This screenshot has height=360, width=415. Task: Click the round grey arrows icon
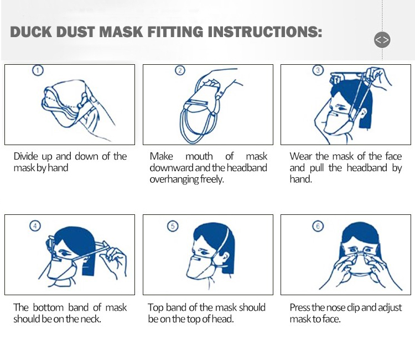coord(382,40)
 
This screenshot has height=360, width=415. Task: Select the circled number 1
coord(38,70)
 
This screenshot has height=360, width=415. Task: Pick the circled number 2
coord(180,70)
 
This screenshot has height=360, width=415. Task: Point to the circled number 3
coord(318,70)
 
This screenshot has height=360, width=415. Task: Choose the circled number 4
coord(35,226)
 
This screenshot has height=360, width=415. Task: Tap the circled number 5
coord(173,226)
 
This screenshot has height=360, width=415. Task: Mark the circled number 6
coord(318,226)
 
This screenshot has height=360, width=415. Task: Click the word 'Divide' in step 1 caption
coord(26,156)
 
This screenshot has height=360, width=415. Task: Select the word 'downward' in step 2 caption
coord(171,168)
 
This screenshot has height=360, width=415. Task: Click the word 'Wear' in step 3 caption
coord(301,156)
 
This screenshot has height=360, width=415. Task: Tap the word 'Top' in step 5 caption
coord(156,307)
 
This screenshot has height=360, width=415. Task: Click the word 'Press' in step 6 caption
coord(300,307)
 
